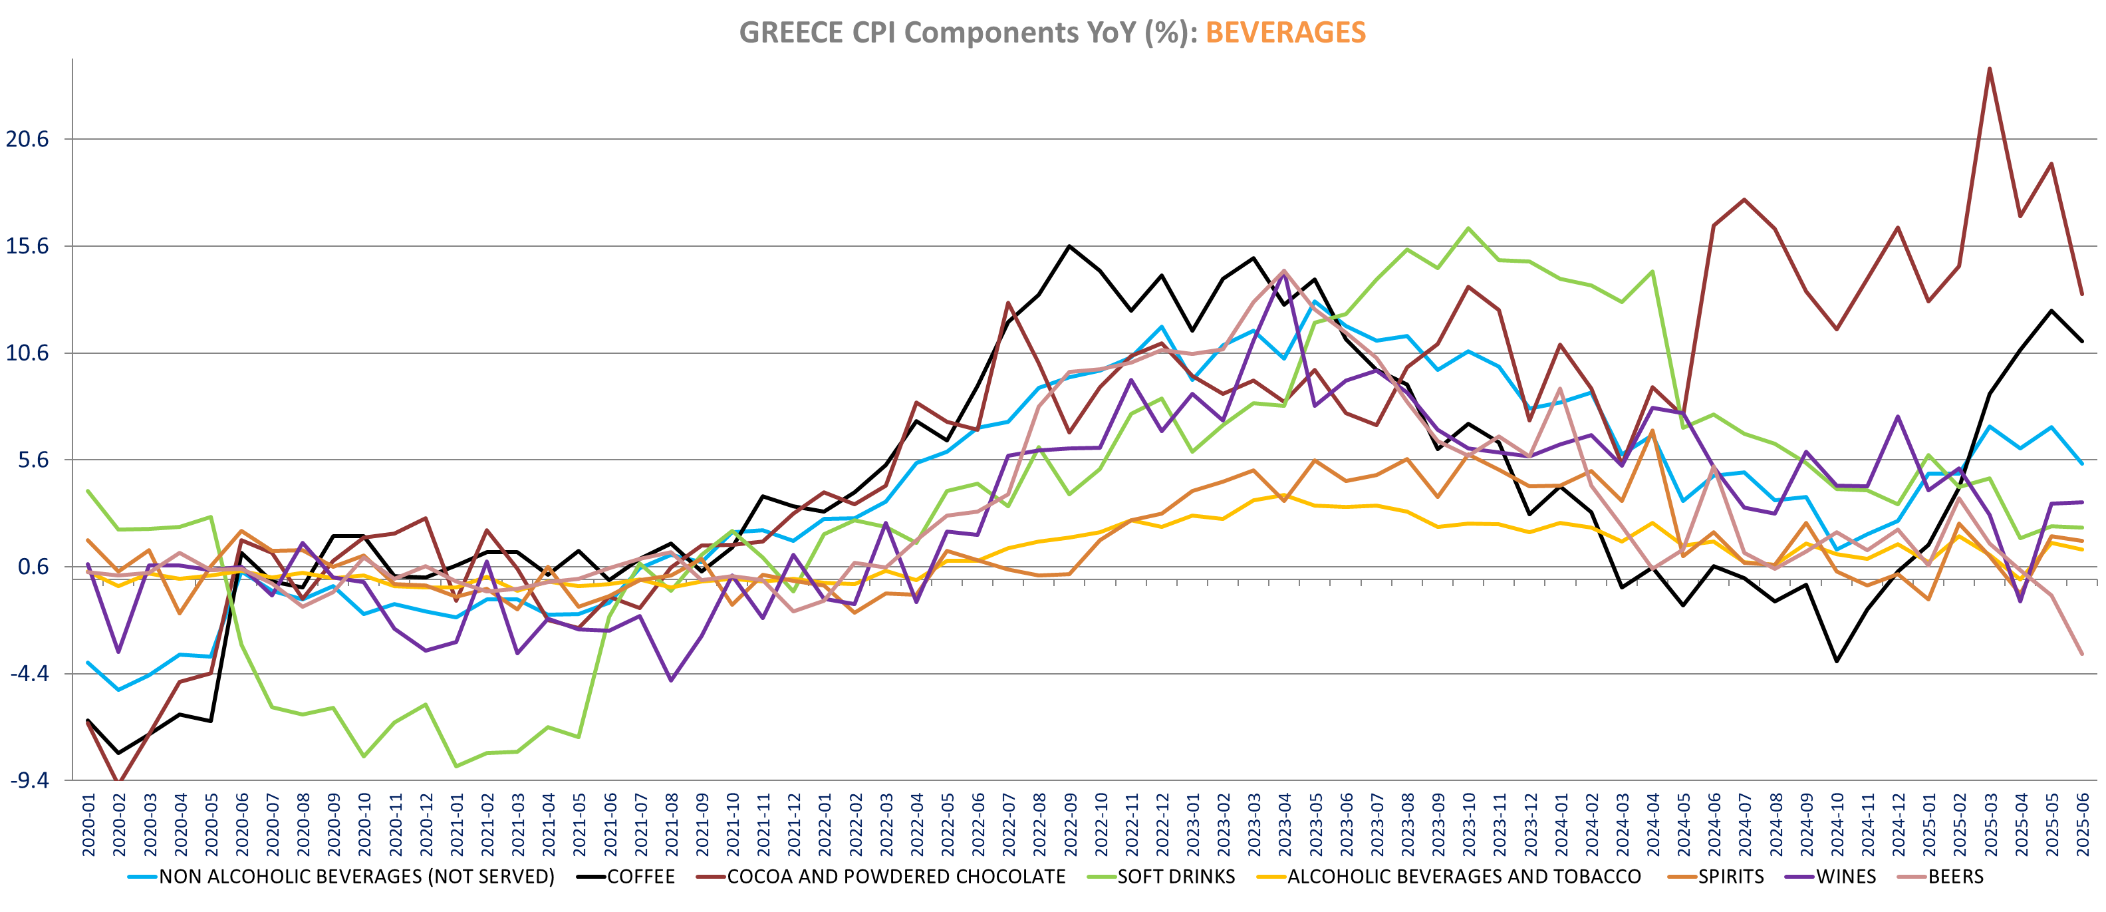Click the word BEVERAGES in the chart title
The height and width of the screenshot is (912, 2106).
click(x=1285, y=33)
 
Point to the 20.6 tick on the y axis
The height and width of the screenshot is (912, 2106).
click(x=28, y=139)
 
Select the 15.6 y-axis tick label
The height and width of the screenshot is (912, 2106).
click(x=28, y=246)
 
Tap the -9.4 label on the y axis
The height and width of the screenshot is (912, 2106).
click(x=29, y=780)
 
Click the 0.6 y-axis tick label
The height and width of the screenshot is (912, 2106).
click(x=33, y=567)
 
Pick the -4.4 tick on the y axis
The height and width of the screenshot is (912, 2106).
click(x=29, y=674)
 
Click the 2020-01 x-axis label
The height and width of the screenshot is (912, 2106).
click(x=88, y=824)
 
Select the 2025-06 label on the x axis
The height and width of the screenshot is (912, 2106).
click(x=2082, y=824)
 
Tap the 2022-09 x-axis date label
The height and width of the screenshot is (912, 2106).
click(x=1070, y=824)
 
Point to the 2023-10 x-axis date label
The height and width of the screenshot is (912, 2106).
click(x=1469, y=824)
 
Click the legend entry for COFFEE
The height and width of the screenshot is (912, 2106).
click(x=640, y=877)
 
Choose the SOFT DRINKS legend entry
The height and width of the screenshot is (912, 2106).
click(x=1176, y=877)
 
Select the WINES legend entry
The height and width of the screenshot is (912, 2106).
click(x=1846, y=877)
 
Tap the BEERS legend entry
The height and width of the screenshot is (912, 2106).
click(x=1956, y=877)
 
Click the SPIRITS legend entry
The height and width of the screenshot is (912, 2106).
click(x=1731, y=877)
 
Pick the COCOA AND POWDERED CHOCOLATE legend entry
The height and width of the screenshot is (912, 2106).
click(x=896, y=877)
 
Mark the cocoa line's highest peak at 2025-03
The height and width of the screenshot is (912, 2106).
click(x=1989, y=69)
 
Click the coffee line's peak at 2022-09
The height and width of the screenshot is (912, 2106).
click(x=1070, y=246)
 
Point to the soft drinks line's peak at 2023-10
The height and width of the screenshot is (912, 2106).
click(x=1469, y=228)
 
